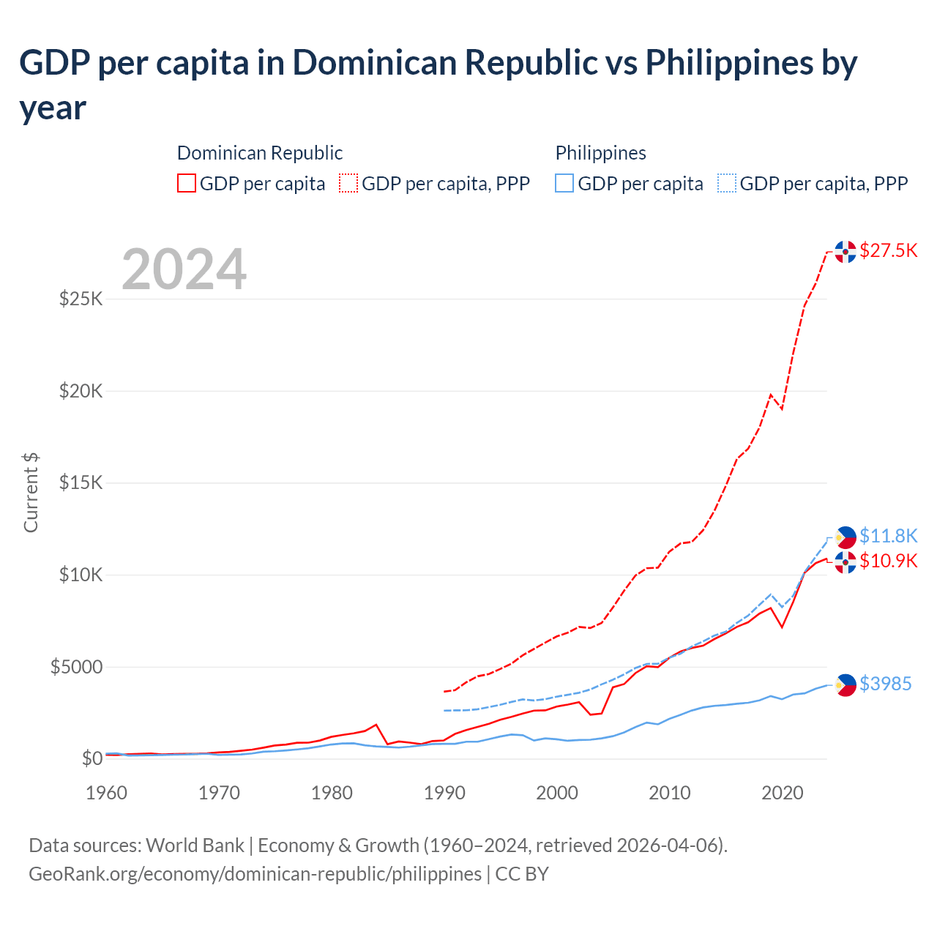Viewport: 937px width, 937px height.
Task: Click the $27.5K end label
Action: pos(888,250)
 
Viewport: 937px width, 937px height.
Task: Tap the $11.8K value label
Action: pos(888,536)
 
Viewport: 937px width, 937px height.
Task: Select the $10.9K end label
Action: pos(888,561)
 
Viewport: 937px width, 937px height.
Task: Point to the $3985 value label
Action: pos(885,684)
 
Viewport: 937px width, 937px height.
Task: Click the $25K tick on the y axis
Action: pos(81,299)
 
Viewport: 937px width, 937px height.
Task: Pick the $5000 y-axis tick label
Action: pos(76,667)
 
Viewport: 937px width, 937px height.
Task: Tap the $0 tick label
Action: pos(92,758)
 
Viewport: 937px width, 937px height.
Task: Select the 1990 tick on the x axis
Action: pos(444,793)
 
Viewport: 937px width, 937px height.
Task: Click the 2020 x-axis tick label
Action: pos(783,793)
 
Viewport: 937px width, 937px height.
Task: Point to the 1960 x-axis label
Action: pos(107,793)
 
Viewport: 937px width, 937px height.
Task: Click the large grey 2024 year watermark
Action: pos(184,269)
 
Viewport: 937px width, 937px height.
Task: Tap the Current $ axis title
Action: pos(31,492)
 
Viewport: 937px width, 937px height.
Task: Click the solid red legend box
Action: pos(187,183)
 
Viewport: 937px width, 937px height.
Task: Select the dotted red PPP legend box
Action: pos(348,183)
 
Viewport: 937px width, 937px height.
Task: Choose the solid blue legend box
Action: pos(564,183)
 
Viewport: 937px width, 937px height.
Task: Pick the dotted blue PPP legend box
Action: pos(727,183)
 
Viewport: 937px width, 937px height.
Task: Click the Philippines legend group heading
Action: pos(600,153)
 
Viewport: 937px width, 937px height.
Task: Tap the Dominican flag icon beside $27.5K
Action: pos(845,252)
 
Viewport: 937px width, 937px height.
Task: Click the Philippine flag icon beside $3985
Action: pos(845,684)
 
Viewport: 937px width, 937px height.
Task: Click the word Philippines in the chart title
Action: pos(729,63)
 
